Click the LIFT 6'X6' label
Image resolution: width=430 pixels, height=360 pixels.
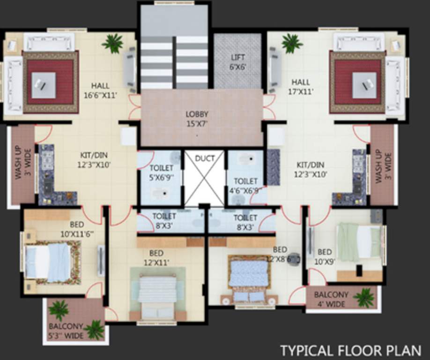point(238,62)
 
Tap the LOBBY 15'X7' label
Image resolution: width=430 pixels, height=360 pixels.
point(197,119)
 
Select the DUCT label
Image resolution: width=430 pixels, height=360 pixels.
point(204,158)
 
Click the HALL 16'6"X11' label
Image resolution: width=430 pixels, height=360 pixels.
point(100,90)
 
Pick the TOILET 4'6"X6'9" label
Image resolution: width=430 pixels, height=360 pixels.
point(246,186)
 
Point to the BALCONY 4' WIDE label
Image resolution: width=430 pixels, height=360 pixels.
point(331,299)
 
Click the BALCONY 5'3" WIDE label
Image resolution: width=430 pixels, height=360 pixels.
point(66,330)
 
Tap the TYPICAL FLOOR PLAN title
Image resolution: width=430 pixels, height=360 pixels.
point(350,350)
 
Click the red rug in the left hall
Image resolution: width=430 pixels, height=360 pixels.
point(50,82)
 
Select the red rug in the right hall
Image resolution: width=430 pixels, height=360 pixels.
point(357,82)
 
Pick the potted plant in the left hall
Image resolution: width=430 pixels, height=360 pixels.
point(112,44)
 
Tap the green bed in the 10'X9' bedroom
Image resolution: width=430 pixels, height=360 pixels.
point(358,242)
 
